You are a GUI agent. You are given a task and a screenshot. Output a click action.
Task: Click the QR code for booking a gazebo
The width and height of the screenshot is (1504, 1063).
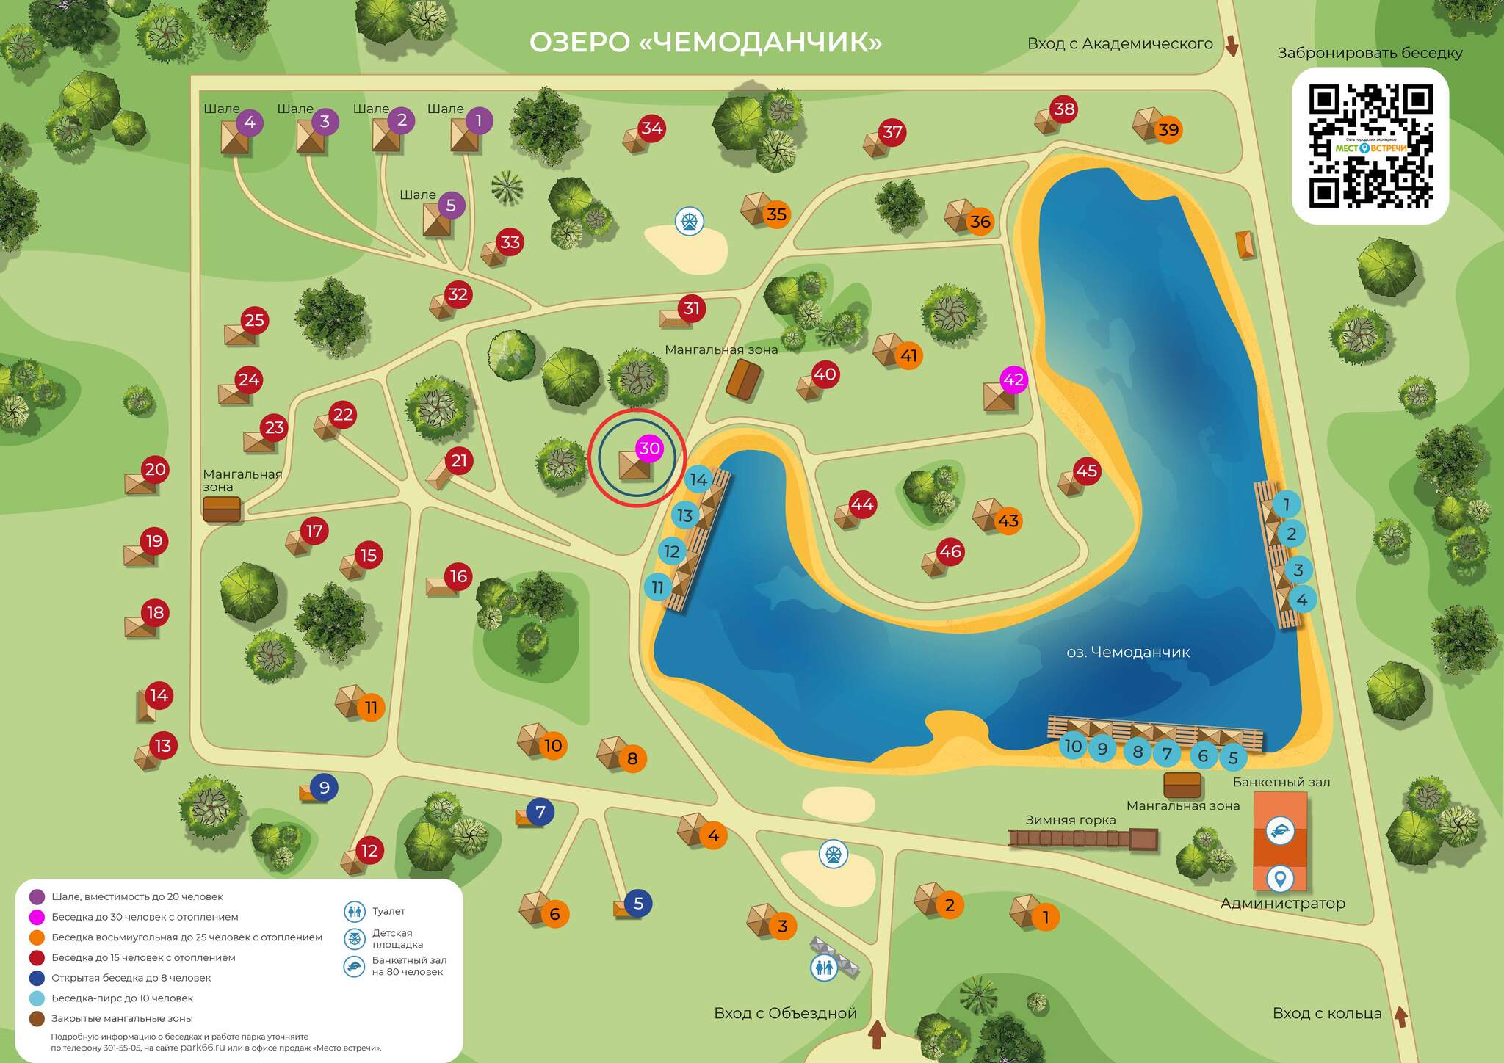(x=1370, y=146)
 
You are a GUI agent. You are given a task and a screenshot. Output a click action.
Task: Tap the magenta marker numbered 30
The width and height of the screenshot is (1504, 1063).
(x=649, y=449)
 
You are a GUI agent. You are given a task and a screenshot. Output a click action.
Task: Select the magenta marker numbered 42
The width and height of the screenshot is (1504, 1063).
(x=1013, y=380)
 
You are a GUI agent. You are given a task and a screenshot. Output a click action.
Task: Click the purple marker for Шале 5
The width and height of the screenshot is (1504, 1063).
(x=451, y=206)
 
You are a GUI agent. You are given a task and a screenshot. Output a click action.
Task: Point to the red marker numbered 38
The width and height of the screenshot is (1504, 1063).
(x=1064, y=109)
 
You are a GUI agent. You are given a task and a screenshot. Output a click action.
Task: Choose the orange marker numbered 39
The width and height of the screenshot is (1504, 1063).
(x=1168, y=130)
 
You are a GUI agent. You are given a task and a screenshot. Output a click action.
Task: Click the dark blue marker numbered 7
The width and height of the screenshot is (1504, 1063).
(x=540, y=812)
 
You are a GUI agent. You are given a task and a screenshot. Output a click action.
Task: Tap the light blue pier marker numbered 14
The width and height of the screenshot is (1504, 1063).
(x=698, y=480)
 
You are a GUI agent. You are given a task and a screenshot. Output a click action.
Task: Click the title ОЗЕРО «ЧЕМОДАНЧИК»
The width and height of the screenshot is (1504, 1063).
(x=706, y=42)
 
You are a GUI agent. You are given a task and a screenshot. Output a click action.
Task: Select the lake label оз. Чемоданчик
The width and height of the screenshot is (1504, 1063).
(x=1128, y=652)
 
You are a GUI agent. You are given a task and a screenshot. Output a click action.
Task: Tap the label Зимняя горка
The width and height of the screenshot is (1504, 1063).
(x=1071, y=820)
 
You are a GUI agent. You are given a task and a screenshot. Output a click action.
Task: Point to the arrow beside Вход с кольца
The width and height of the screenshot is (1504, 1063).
(x=1400, y=1017)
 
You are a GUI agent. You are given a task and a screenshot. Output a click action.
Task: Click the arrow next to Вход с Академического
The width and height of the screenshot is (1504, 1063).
(x=1232, y=46)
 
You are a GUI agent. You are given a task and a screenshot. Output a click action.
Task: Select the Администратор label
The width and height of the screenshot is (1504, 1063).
(x=1282, y=904)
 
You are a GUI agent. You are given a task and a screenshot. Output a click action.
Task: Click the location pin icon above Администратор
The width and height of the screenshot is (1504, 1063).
(x=1280, y=877)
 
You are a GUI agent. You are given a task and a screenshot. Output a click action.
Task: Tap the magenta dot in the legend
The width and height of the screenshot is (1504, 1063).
(x=37, y=917)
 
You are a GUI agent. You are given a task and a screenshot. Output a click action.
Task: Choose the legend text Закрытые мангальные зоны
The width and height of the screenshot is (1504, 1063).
(x=122, y=1018)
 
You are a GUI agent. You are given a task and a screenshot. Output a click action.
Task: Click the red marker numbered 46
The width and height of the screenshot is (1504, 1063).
(x=950, y=551)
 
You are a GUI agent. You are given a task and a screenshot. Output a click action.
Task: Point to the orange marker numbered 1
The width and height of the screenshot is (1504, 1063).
(x=1045, y=917)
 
